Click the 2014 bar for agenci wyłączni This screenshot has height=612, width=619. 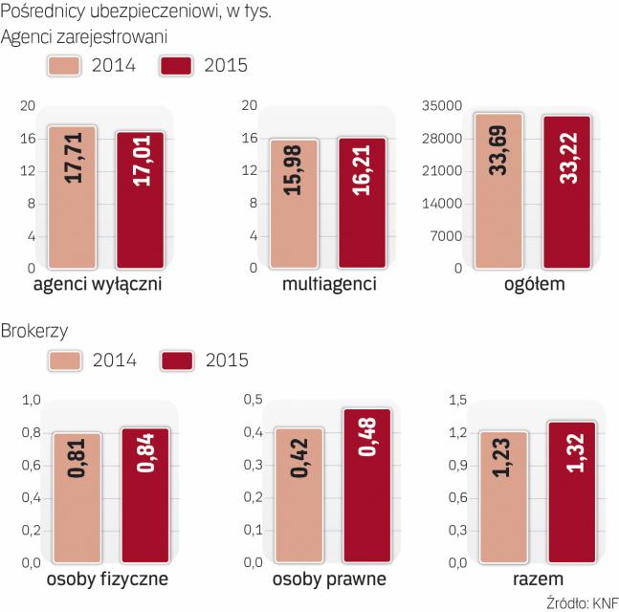72,198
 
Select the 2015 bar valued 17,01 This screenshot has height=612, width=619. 141,200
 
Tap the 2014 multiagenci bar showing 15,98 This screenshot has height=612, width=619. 293,204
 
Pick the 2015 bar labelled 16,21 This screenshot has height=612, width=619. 362,203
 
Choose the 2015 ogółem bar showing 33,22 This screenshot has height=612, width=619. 568,192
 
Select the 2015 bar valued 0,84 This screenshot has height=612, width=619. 146,495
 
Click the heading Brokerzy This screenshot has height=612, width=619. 34,330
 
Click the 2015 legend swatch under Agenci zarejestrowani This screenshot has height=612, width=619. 178,65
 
